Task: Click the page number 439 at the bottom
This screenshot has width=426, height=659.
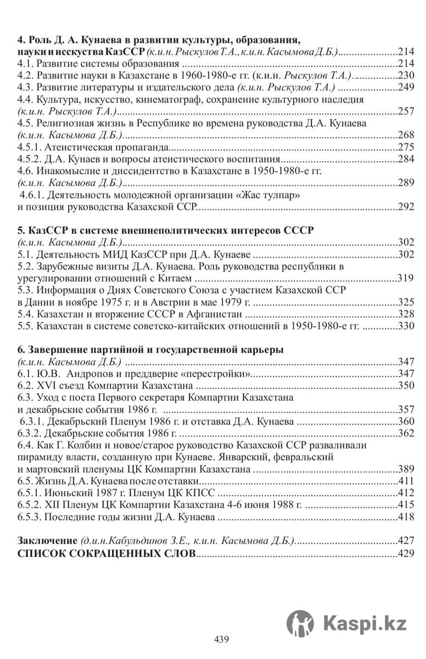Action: [x=221, y=639]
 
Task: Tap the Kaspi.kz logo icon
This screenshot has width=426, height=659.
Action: [x=300, y=624]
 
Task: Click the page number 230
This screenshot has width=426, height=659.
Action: [x=405, y=76]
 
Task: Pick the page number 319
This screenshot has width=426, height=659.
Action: [x=405, y=278]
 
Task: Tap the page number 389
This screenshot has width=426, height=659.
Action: [x=405, y=470]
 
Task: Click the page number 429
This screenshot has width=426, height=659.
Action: [x=405, y=553]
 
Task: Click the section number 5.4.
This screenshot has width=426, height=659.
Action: [x=25, y=314]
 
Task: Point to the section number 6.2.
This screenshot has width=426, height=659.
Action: [x=25, y=386]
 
